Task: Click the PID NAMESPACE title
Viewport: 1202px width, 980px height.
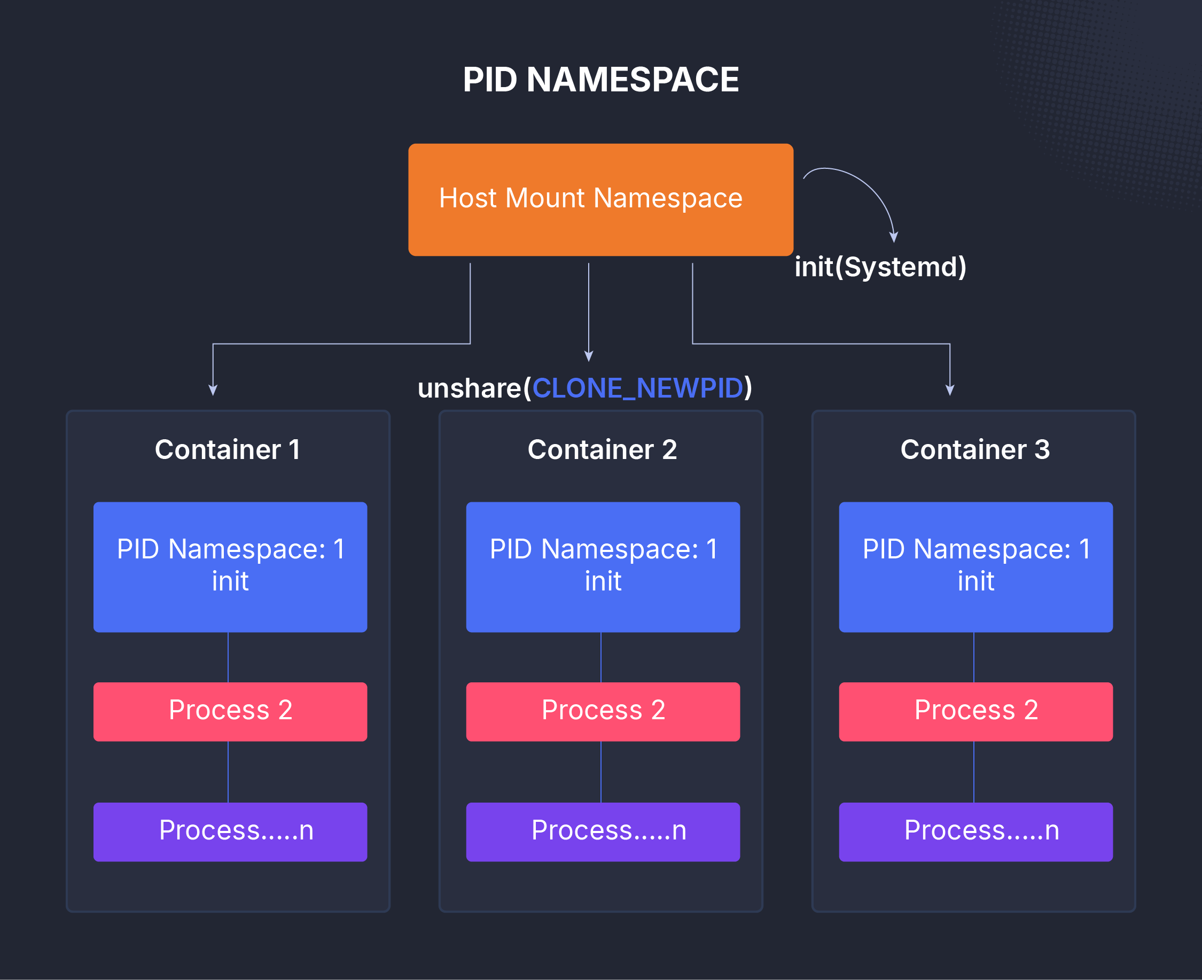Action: tap(600, 80)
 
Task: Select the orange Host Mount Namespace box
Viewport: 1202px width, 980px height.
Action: tap(600, 199)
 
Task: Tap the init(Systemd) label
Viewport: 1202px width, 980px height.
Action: tap(880, 267)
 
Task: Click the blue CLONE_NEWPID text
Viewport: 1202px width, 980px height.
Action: tap(637, 388)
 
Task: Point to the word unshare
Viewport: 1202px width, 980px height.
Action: tap(469, 388)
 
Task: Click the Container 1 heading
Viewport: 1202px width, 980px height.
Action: tap(228, 449)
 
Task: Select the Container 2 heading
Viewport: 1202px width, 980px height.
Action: tap(602, 449)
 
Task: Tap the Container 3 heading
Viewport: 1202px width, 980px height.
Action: tap(974, 449)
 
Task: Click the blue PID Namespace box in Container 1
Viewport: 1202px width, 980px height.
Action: tap(230, 566)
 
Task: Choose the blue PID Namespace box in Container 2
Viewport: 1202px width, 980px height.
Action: tap(603, 566)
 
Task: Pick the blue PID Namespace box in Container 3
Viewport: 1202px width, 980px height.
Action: tap(975, 566)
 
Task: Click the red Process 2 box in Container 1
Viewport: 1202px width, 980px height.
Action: tap(230, 711)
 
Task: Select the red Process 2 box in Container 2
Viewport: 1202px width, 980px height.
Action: tap(603, 711)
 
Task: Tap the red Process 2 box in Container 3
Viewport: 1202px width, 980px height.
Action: tap(975, 711)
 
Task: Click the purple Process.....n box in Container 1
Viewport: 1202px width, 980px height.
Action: tap(230, 831)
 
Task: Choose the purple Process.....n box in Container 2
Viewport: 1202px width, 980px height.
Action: tap(603, 831)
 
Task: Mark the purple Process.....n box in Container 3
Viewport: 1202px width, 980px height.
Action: tap(975, 831)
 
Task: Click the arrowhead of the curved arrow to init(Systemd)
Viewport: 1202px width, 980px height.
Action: tap(893, 237)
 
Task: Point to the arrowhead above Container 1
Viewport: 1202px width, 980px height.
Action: tap(213, 390)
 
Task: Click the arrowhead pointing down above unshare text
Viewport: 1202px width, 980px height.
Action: tap(589, 356)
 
